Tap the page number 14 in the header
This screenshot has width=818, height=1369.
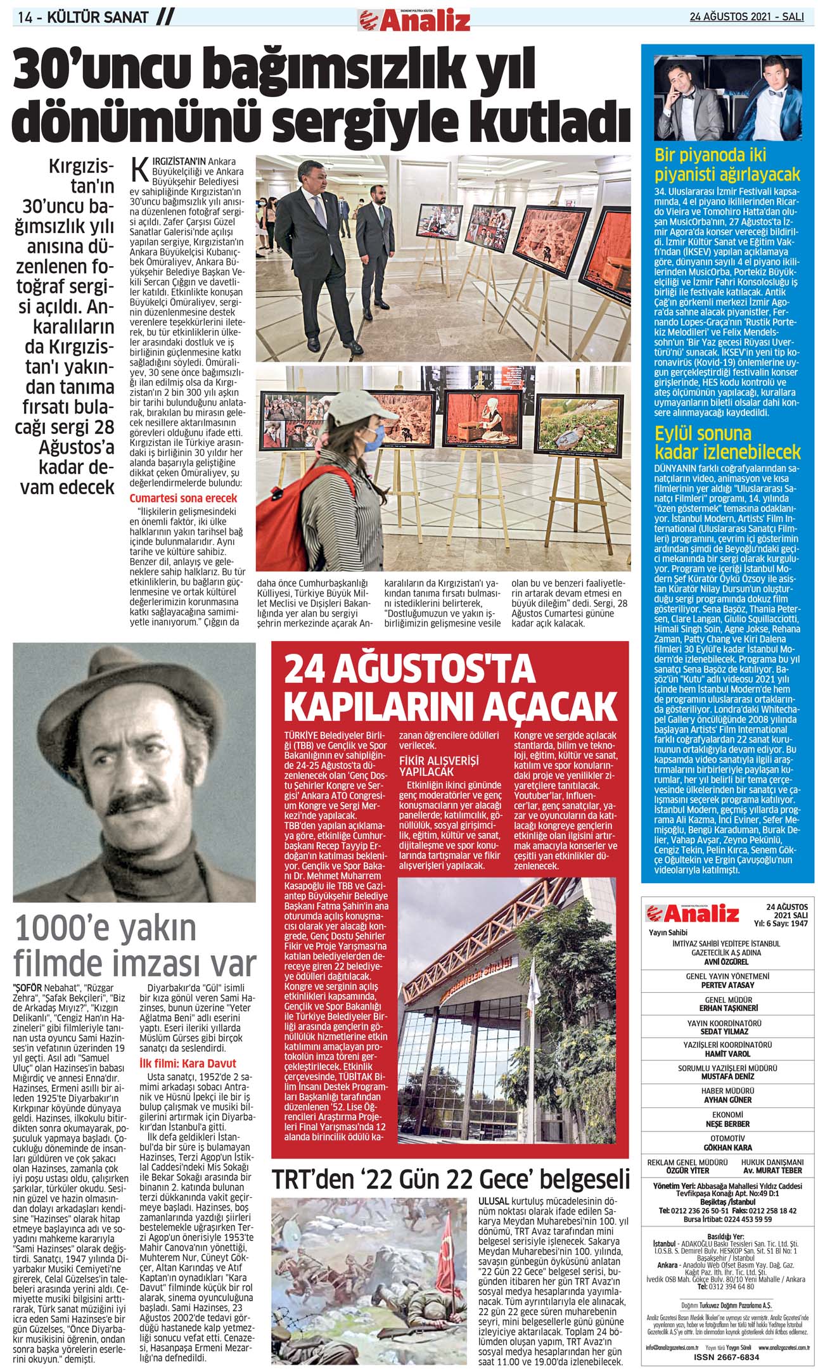(26, 18)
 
